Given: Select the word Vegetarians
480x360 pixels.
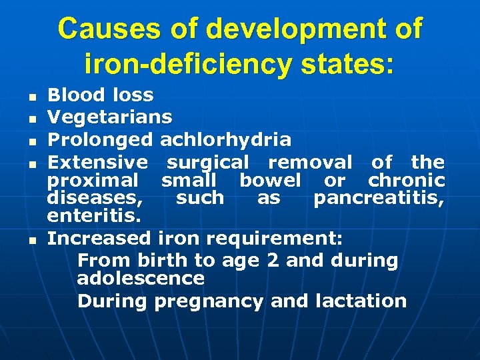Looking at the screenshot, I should tap(110, 118).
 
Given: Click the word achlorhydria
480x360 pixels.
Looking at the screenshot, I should tap(226, 139).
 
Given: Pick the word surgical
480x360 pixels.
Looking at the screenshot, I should tap(208, 161).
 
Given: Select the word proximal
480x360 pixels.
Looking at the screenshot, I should tap(93, 180).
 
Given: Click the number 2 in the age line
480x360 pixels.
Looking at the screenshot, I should tap(273, 261).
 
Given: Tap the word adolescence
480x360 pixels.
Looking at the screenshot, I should tap(141, 278).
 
